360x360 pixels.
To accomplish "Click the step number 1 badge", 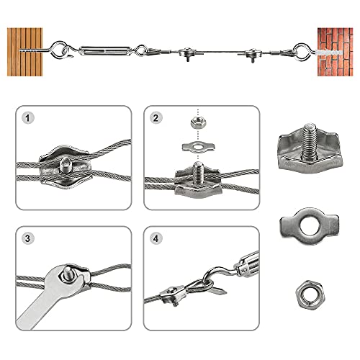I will click(x=27, y=117).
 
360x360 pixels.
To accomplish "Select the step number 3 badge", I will click(x=27, y=238).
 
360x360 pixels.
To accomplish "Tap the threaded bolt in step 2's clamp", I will click(x=199, y=173).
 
